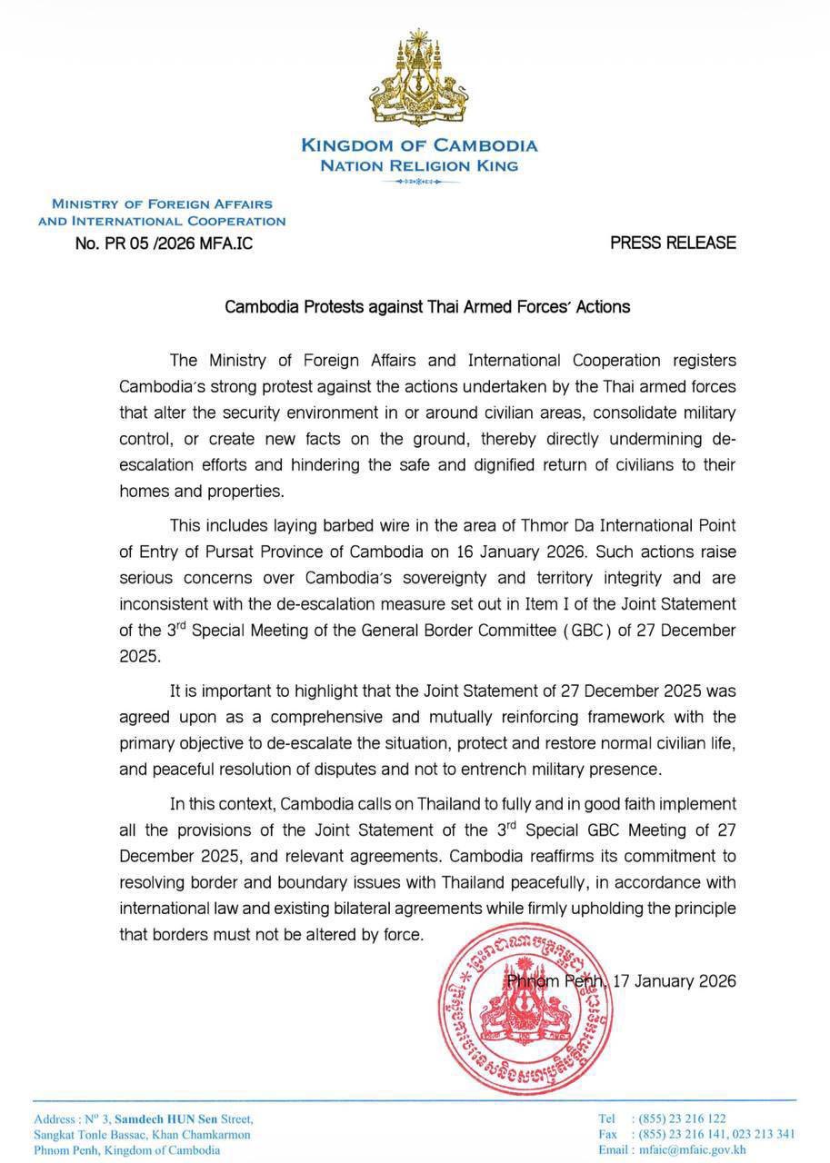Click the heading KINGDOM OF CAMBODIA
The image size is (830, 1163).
pyautogui.click(x=419, y=145)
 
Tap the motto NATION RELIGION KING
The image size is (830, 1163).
pyautogui.click(x=419, y=165)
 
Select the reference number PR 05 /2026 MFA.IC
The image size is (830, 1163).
pyautogui.click(x=164, y=244)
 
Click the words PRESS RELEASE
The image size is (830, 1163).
pyautogui.click(x=673, y=243)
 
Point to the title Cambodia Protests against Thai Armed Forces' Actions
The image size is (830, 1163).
pyautogui.click(x=427, y=306)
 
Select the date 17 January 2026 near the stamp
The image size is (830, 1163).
pyautogui.click(x=675, y=981)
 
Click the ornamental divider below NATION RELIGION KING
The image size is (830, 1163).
pyautogui.click(x=419, y=182)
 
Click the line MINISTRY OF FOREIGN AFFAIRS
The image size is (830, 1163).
pyautogui.click(x=162, y=204)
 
